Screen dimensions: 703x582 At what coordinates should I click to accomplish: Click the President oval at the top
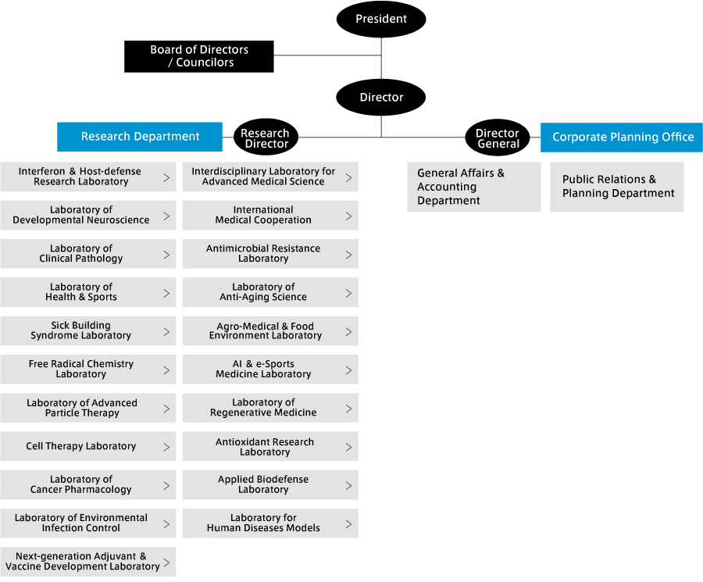381,19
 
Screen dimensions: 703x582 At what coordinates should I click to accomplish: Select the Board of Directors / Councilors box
199,56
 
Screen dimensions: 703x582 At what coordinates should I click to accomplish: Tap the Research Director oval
266,137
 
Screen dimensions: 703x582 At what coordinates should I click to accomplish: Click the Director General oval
498,137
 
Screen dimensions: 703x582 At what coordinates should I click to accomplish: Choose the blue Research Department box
140,137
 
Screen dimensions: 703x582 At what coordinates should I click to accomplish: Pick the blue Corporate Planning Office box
622,137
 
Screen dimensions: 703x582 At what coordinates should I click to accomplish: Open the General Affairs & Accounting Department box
474,187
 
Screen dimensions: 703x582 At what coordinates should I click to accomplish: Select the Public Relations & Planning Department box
617,187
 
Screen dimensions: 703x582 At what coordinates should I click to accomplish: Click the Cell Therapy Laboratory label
80,446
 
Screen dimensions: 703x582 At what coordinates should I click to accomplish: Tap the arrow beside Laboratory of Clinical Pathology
167,255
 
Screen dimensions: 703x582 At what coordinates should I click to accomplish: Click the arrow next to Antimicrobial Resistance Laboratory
349,255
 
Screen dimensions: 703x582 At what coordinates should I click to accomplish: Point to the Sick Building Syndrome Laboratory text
80,330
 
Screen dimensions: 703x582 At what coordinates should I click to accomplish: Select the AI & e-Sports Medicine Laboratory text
263,369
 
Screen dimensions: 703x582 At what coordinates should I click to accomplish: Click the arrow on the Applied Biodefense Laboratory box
349,486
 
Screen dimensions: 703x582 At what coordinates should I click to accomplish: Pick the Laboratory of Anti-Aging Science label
263,292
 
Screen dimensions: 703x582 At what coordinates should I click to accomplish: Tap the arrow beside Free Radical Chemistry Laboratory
167,370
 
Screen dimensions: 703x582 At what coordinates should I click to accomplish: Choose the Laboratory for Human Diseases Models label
263,523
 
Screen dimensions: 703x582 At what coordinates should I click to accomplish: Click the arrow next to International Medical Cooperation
349,216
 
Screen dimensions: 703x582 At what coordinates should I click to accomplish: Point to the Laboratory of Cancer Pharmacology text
80,484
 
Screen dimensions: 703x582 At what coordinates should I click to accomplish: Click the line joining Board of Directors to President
327,55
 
